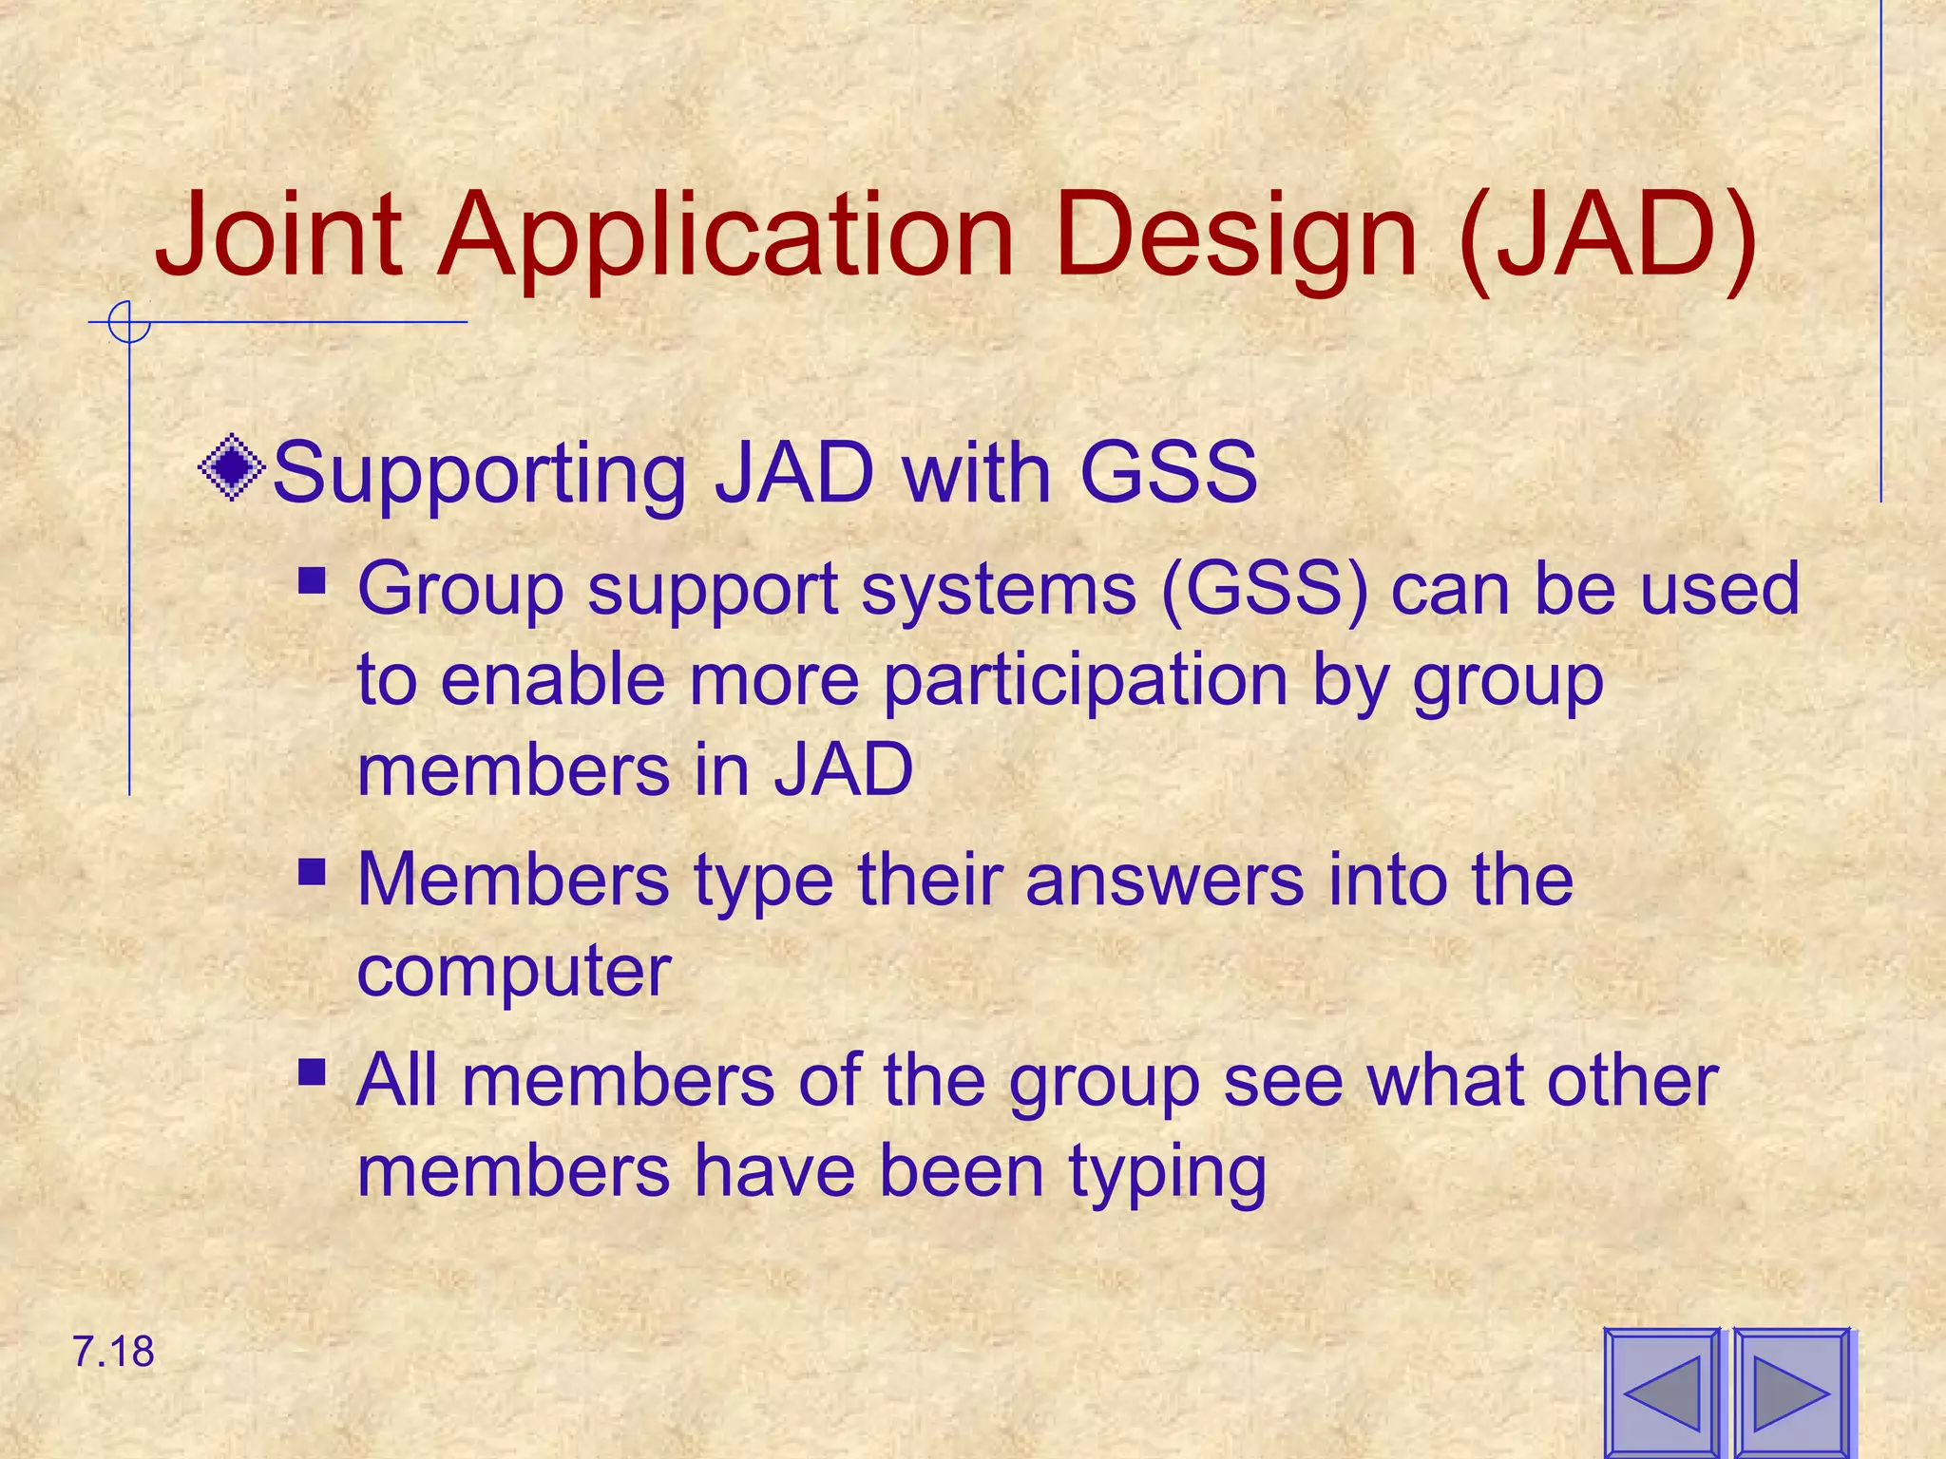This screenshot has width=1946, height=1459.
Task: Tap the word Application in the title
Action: point(726,236)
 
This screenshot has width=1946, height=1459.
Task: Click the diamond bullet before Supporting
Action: point(232,468)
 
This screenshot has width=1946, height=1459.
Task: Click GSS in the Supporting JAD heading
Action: point(1168,471)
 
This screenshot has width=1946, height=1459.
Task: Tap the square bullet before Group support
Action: point(312,579)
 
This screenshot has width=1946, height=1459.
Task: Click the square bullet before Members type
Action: point(312,871)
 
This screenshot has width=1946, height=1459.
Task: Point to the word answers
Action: point(1164,880)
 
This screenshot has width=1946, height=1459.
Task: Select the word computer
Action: point(514,971)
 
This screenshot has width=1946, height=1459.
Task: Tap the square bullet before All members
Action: point(312,1072)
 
